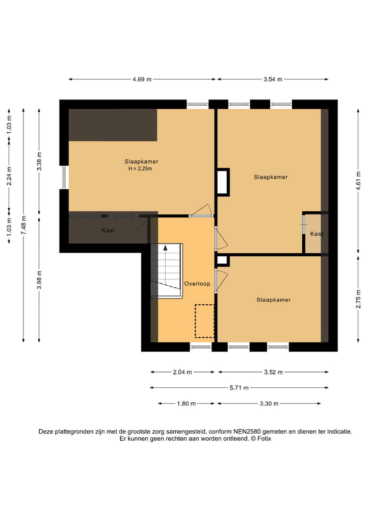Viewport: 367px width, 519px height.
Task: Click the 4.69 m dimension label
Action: pos(142,80)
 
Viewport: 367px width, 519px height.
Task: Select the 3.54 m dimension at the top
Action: pos(273,80)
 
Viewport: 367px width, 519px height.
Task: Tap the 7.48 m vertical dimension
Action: pos(23,225)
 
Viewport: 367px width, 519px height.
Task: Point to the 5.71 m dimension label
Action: pos(239,388)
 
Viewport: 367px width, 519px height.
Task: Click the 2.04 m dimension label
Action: pos(182,372)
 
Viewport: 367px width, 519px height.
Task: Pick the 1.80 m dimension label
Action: pos(187,404)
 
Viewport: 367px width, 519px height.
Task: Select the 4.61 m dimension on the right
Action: pos(358,181)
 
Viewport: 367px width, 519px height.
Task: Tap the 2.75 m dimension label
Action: pos(358,299)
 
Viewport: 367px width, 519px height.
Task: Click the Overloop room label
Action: pos(197,284)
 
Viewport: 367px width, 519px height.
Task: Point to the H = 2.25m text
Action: pos(140,169)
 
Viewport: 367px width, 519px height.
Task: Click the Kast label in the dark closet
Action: pos(108,230)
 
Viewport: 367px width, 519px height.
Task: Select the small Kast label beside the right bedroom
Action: pos(317,234)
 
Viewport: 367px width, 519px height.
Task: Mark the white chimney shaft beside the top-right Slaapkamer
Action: pos(223,182)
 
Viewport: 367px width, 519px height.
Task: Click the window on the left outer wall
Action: pos(64,177)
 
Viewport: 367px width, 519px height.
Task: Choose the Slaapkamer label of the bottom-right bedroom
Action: pos(274,300)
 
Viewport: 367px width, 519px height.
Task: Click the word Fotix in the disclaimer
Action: pos(264,438)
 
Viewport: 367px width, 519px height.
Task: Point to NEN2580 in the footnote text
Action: pos(247,432)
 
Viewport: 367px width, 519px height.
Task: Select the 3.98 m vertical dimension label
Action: pos(39,280)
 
